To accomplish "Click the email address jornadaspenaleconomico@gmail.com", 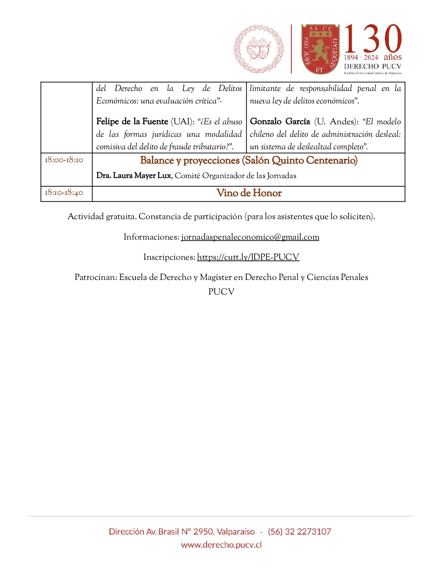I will [250, 237].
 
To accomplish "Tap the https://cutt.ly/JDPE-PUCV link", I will [248, 257].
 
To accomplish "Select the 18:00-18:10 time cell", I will [64, 160].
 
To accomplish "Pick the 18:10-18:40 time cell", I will [64, 193].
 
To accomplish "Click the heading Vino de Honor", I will [249, 193].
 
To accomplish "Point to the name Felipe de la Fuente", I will [132, 122].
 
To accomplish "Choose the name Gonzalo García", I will [280, 122].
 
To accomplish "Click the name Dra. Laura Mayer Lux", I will [134, 176].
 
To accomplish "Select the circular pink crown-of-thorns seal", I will [259, 49].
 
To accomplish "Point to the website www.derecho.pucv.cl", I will [221, 545].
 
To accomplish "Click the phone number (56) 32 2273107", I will [299, 532].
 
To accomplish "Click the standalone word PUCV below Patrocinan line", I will [221, 292].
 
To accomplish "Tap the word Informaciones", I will [151, 237].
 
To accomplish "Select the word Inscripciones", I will [169, 257].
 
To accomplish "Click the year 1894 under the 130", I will [351, 58].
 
